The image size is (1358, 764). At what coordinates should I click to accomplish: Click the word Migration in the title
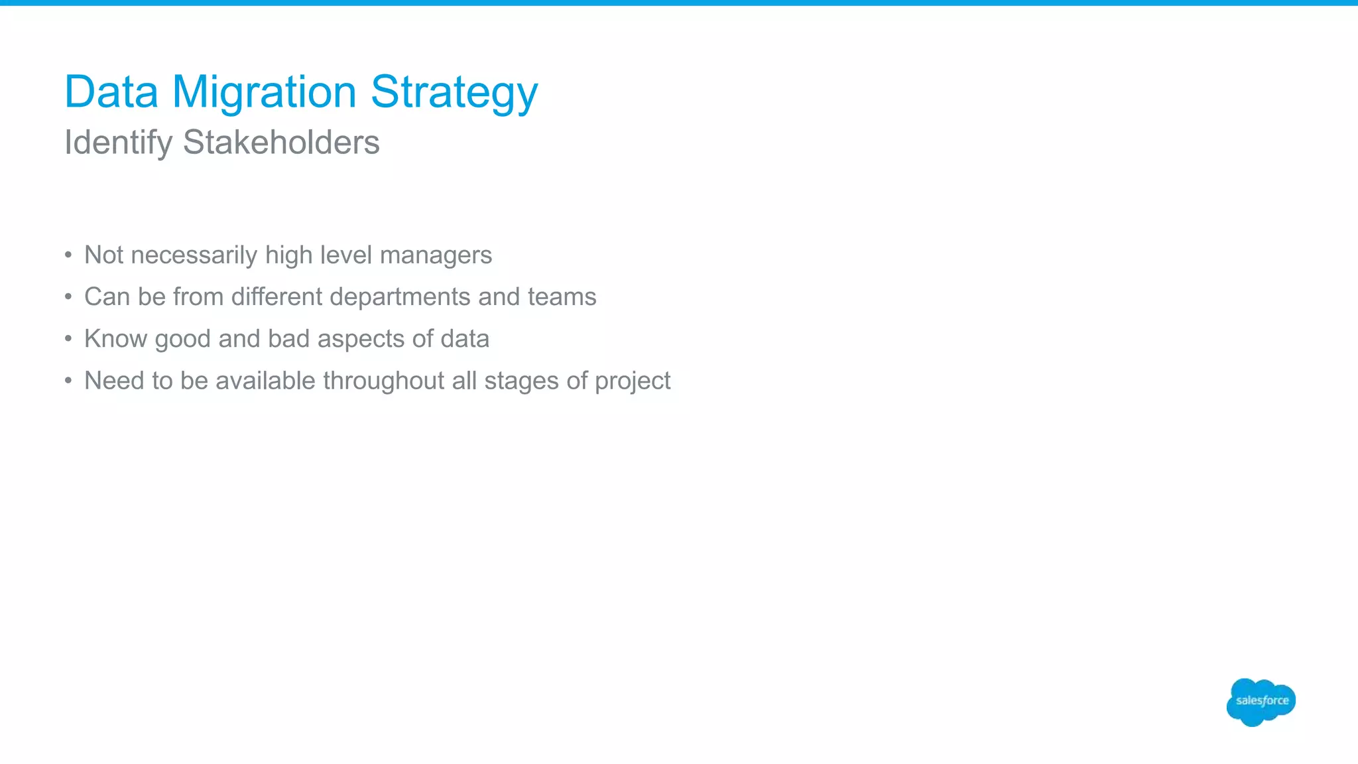[x=264, y=92]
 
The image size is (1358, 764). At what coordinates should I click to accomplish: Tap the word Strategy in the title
[x=454, y=92]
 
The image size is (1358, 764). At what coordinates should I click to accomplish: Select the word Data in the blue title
[x=111, y=92]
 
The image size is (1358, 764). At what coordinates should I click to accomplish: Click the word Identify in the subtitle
[x=119, y=143]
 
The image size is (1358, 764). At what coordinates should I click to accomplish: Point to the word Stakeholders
[x=281, y=143]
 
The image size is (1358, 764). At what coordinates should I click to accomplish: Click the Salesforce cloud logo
[x=1261, y=702]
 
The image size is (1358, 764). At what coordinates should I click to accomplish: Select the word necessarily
[x=194, y=255]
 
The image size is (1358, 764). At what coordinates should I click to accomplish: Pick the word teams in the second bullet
[x=562, y=297]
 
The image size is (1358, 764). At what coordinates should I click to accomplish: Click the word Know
[x=116, y=339]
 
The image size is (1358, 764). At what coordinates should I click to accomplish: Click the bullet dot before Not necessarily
[x=68, y=255]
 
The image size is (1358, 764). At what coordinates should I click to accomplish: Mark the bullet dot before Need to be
[x=68, y=381]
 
